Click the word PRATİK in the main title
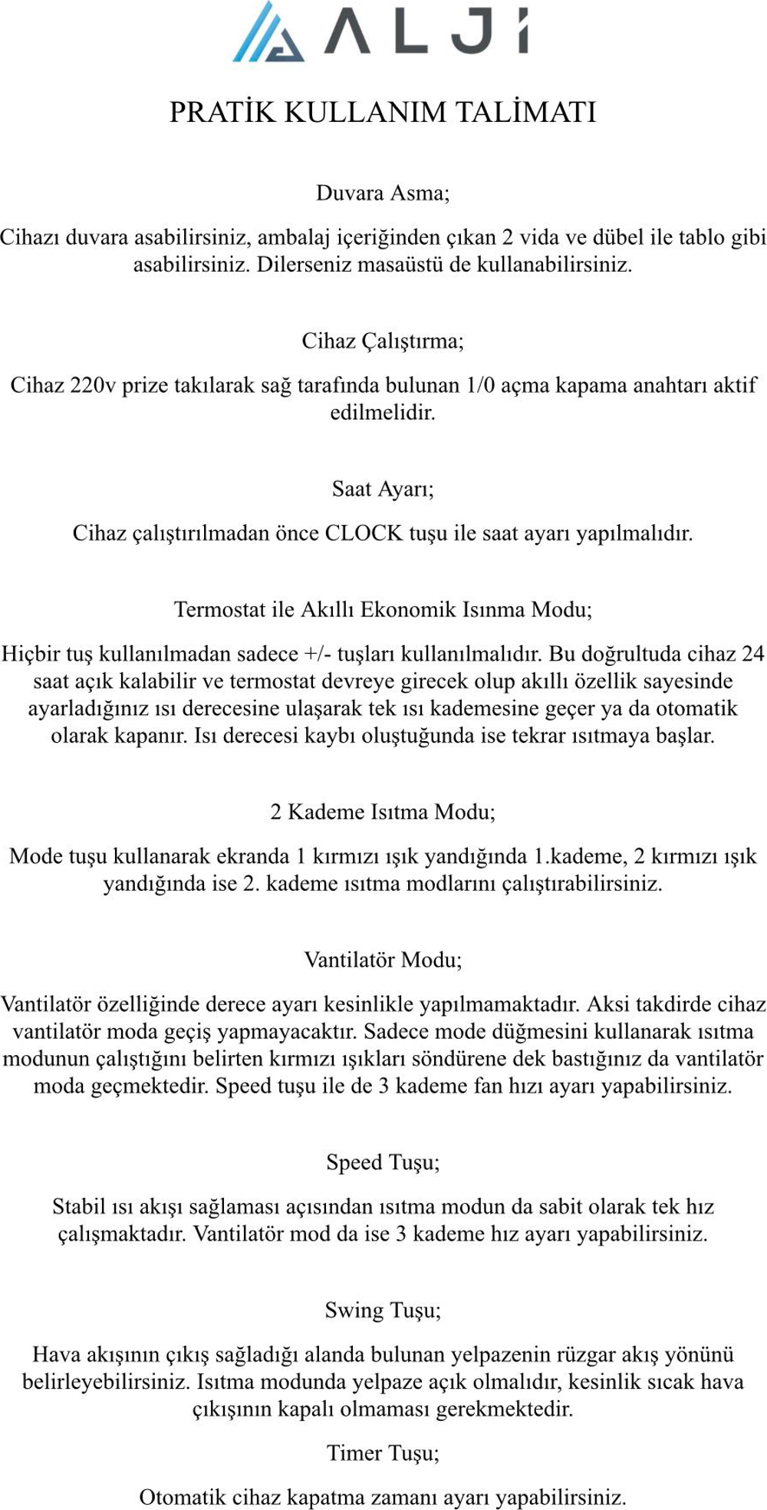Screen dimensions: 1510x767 [222, 112]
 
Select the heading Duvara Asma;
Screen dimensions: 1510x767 [383, 193]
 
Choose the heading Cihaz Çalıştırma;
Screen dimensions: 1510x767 [383, 341]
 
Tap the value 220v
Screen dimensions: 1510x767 [93, 385]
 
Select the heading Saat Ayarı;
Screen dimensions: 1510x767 [383, 489]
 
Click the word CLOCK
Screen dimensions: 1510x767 [364, 533]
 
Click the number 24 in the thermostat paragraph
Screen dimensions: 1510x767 [752, 654]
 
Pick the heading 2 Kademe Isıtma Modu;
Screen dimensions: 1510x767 [383, 812]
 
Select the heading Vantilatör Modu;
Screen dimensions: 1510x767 [383, 960]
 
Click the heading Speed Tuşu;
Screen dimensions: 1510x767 [383, 1162]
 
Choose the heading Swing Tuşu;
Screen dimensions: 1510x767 [383, 1311]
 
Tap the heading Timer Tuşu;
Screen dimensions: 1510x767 [383, 1453]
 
